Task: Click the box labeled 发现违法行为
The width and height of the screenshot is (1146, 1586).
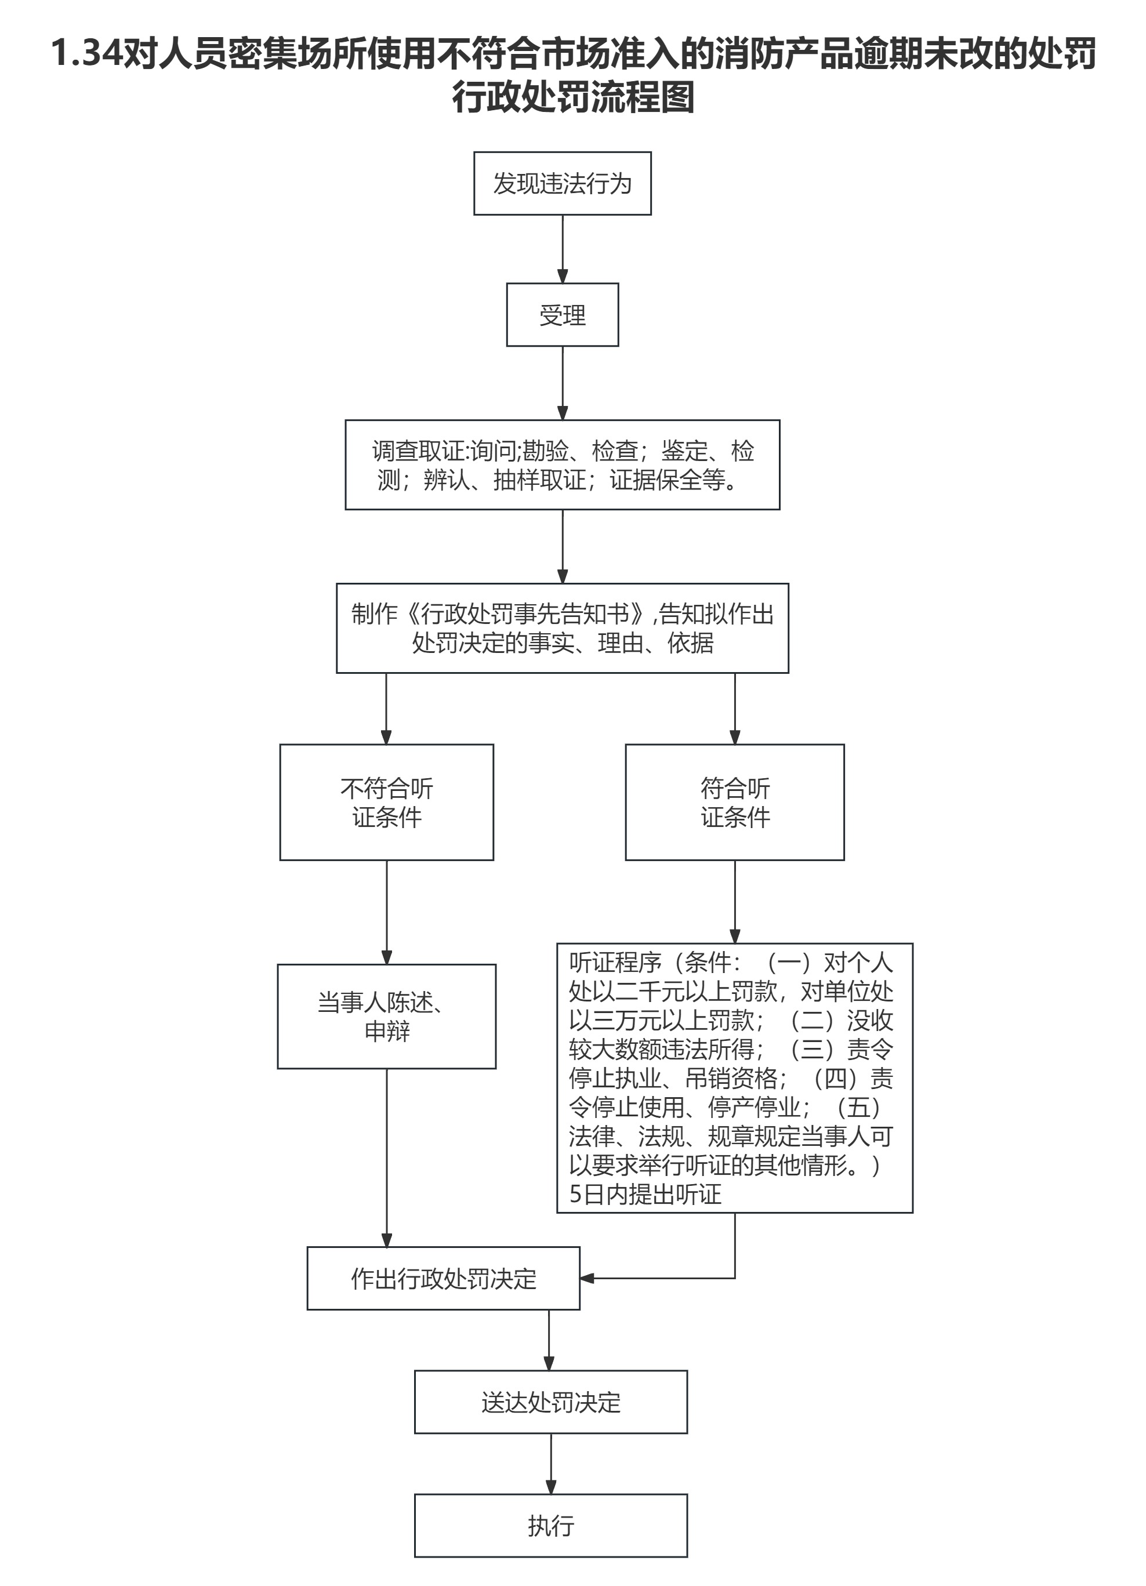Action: tap(562, 183)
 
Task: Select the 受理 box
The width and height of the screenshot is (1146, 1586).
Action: tap(562, 315)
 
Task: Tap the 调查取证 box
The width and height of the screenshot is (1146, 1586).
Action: tap(562, 465)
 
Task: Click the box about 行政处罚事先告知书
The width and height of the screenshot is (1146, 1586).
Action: tap(562, 628)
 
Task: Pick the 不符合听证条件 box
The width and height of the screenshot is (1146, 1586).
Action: tap(387, 802)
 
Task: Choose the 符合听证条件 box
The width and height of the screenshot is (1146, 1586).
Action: tap(734, 802)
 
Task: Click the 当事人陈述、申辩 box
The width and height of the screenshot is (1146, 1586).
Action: tap(387, 1016)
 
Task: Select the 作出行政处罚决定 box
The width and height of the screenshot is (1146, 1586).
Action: tap(443, 1278)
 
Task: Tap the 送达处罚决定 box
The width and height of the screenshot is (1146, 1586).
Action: tap(551, 1402)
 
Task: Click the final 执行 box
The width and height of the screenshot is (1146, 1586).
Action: tap(551, 1525)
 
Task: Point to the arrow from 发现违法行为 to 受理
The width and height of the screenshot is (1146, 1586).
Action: tap(562, 249)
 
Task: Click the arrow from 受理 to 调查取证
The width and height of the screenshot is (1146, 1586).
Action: tap(562, 383)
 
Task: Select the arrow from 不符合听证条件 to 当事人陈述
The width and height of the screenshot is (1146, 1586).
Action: tap(387, 912)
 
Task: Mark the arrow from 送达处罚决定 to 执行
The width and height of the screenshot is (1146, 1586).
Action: tap(551, 1463)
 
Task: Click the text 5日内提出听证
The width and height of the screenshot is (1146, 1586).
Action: tap(645, 1193)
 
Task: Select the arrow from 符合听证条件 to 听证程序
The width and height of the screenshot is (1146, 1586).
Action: tap(734, 901)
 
